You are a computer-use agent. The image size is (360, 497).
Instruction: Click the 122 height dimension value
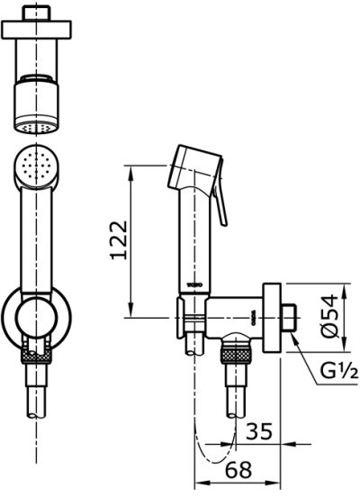(x=116, y=241)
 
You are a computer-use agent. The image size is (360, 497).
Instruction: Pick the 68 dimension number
(x=237, y=468)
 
